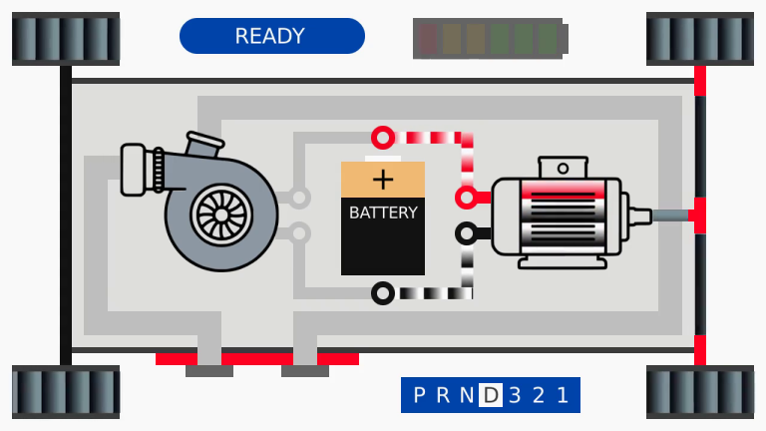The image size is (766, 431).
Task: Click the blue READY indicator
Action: pos(271,36)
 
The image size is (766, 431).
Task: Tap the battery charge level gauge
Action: pos(490,38)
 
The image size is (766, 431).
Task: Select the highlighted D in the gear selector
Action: pos(490,395)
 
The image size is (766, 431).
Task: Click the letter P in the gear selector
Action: pos(419,395)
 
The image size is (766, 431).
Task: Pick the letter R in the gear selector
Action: pos(443,395)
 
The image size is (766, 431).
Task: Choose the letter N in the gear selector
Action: pos(466,395)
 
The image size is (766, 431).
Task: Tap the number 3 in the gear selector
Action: pos(515,395)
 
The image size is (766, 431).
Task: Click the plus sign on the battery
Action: pos(383,180)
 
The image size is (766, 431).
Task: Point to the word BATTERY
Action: pos(383,213)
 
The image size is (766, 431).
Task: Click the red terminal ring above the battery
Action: pos(382,137)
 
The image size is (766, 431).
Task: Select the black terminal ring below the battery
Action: pos(382,293)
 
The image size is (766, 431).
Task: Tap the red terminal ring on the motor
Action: pos(466,197)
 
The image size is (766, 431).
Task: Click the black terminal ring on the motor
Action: pos(466,233)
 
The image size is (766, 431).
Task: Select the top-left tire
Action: pos(66,39)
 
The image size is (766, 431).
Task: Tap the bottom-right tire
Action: pos(700,392)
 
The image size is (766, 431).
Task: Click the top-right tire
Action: pos(700,39)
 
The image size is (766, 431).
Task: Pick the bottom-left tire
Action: pos(66,392)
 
